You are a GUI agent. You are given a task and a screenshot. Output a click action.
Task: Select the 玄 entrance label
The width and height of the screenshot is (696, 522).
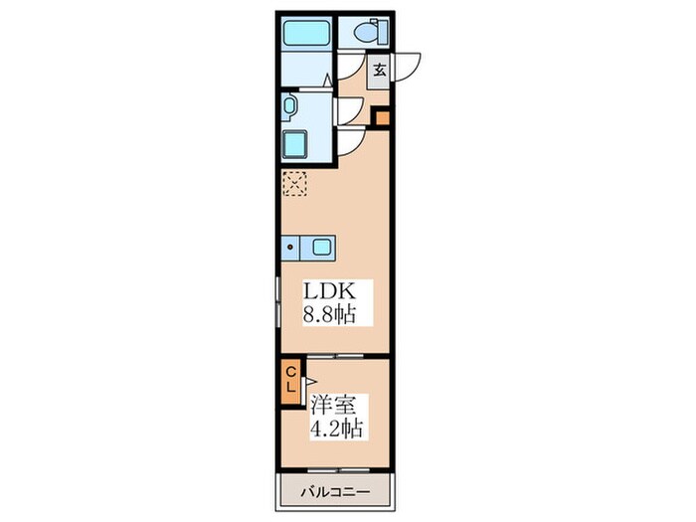[381, 70]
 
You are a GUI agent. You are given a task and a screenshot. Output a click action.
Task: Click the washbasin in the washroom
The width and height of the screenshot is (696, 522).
[288, 104]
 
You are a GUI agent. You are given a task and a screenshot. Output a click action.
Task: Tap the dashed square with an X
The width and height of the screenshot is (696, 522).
[294, 184]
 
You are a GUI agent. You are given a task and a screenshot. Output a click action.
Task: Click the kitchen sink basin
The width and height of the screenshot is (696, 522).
[321, 247]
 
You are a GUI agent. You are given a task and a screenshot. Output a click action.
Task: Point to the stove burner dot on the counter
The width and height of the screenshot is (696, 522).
[291, 247]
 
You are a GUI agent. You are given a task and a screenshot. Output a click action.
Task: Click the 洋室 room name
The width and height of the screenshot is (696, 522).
[333, 407]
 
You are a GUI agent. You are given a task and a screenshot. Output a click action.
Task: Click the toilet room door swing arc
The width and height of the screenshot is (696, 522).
[346, 66]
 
